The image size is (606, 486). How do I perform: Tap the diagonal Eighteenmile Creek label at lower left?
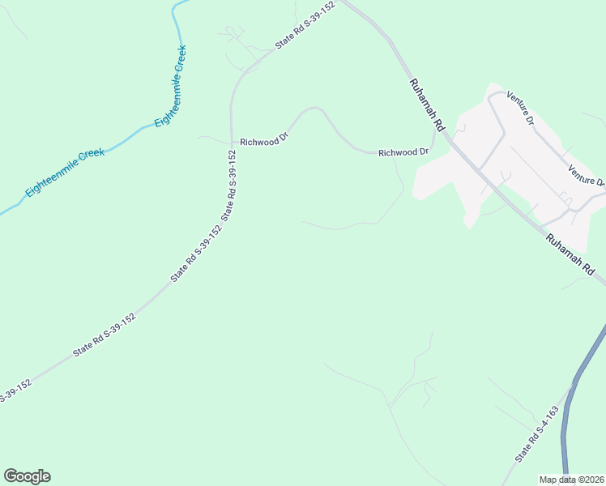click(x=65, y=173)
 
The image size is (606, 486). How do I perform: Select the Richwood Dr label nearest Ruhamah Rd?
click(x=403, y=152)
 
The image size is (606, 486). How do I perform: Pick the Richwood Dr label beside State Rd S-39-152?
click(x=264, y=140)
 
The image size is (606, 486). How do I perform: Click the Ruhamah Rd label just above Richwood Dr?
click(x=428, y=104)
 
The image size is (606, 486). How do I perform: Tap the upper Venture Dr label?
click(x=520, y=108)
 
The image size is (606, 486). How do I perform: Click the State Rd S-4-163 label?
click(x=537, y=435)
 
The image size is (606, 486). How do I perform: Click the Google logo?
click(x=27, y=476)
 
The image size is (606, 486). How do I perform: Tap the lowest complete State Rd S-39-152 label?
click(x=104, y=335)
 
